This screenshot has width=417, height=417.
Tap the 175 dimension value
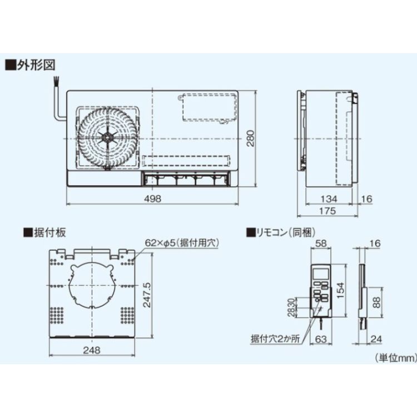point(329,211)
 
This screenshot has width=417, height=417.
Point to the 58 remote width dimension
point(321,244)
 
